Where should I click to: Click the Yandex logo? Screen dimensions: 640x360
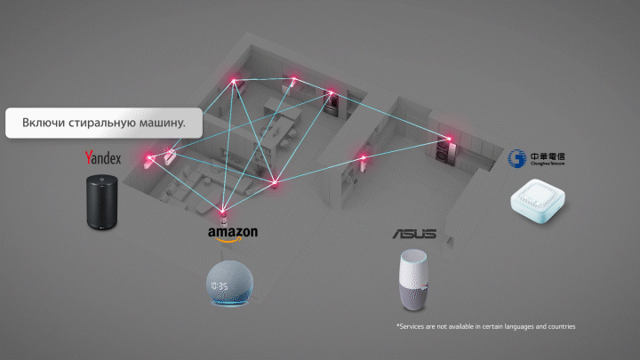(102, 158)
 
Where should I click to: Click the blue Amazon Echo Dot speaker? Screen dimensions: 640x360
(231, 284)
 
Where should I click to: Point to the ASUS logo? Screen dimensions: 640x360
(414, 234)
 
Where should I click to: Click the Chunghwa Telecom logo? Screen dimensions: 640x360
(535, 160)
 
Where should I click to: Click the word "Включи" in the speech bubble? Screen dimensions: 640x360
(42, 122)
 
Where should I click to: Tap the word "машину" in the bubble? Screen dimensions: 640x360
(160, 122)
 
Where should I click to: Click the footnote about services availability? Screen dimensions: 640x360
(486, 327)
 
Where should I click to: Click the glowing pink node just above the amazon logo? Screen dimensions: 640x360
(224, 211)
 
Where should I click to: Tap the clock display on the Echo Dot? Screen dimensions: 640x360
(221, 287)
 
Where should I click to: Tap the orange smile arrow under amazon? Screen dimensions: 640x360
(233, 238)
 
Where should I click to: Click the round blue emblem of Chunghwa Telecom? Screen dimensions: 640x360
(514, 160)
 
